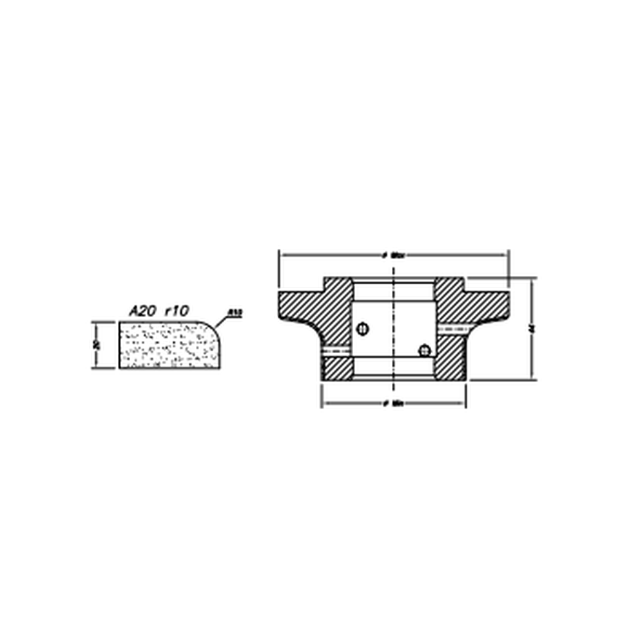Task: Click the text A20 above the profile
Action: [142, 311]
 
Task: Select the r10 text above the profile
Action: [176, 311]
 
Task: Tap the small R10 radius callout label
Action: [235, 313]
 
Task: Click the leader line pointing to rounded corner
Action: [222, 321]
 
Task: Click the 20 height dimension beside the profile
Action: [96, 345]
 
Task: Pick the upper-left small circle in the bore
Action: [362, 329]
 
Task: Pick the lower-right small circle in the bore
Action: [423, 350]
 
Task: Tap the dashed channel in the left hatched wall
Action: [336, 351]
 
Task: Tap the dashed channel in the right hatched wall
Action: [451, 328]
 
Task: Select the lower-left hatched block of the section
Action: [337, 368]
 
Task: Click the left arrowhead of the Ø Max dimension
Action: [283, 254]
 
